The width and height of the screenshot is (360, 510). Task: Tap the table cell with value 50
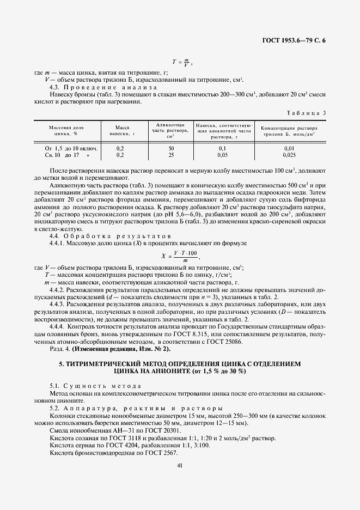[x=171, y=148]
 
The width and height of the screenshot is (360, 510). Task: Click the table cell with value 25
[x=171, y=154]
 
